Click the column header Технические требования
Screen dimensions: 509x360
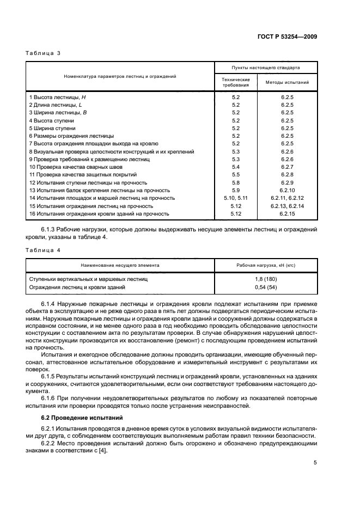[236, 83]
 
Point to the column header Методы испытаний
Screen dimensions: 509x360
[287, 83]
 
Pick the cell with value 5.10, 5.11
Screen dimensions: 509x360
[236, 198]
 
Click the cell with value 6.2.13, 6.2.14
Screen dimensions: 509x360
[287, 206]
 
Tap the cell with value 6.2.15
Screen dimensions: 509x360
[287, 214]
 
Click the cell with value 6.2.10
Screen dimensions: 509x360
[287, 191]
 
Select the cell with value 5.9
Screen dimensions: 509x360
[236, 191]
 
